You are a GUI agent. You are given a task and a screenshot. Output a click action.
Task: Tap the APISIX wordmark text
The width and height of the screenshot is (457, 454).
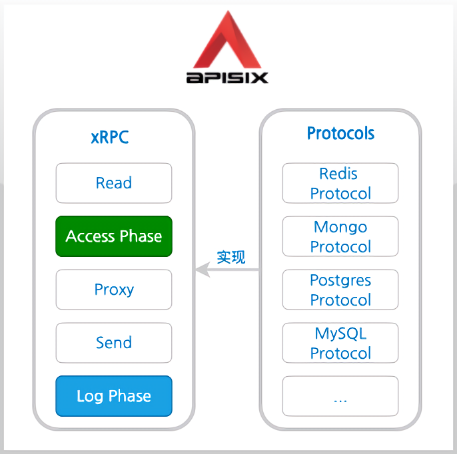(227, 77)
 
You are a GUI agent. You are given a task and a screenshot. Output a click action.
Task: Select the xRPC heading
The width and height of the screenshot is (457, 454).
(110, 137)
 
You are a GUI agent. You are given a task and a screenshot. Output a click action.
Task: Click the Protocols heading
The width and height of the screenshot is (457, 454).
(340, 133)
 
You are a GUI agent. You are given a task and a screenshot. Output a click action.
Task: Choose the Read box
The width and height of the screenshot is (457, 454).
(114, 183)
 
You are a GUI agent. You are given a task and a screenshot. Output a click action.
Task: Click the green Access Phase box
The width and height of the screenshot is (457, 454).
(114, 236)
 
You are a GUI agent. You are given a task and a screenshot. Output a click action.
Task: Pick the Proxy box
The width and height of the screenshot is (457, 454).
(114, 290)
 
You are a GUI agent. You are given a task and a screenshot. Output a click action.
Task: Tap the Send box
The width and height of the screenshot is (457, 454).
(114, 343)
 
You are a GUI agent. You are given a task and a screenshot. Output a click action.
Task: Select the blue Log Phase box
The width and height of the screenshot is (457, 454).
(114, 396)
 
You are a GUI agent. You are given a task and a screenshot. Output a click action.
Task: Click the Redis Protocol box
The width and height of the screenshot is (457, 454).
(340, 183)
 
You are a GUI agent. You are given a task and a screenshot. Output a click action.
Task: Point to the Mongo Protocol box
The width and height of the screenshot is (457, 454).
(340, 236)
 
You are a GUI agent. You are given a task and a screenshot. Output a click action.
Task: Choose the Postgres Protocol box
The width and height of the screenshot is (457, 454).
(340, 290)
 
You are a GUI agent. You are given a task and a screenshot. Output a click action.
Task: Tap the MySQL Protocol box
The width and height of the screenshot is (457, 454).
(340, 343)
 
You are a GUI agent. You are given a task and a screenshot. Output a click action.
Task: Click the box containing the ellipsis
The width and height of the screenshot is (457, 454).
(340, 396)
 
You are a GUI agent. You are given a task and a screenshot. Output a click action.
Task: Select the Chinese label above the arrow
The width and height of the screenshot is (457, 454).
(231, 257)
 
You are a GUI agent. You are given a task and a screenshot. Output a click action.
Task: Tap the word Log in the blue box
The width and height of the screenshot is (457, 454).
(89, 396)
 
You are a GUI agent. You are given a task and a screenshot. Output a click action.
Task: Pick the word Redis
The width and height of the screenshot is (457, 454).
(338, 174)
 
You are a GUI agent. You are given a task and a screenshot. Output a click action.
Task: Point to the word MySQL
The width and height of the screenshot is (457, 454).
(340, 334)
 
